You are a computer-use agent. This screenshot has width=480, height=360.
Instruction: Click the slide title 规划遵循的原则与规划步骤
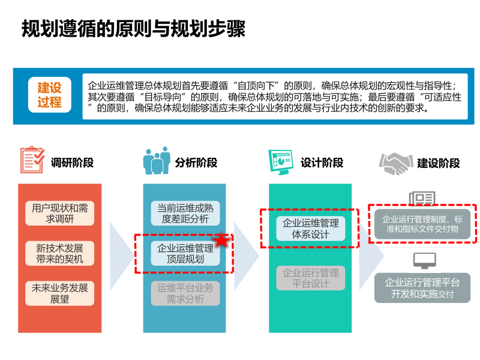click(x=133, y=28)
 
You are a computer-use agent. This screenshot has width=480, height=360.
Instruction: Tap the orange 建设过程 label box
click(x=49, y=95)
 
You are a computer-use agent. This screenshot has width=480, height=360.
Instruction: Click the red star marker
click(x=222, y=241)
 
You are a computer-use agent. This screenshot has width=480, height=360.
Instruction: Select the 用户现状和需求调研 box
click(x=60, y=214)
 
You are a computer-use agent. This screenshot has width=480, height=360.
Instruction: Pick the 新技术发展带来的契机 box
click(x=60, y=254)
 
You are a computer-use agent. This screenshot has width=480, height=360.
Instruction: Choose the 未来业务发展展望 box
click(x=60, y=293)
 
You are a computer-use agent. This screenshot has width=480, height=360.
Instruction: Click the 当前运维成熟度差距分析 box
click(x=185, y=214)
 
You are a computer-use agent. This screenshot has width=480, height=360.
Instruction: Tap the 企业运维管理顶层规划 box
click(x=185, y=254)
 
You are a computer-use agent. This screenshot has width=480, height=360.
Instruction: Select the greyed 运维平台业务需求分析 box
click(x=185, y=293)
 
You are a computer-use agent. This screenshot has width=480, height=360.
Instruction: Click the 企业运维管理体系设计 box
click(x=310, y=229)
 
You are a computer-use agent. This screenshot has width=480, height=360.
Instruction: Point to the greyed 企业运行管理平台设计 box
click(x=310, y=278)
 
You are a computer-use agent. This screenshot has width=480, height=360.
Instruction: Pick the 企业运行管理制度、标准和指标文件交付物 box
click(x=422, y=224)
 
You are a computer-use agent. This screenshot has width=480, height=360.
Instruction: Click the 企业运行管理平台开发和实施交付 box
click(x=422, y=288)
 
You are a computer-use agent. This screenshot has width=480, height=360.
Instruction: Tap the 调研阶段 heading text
click(x=73, y=163)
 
